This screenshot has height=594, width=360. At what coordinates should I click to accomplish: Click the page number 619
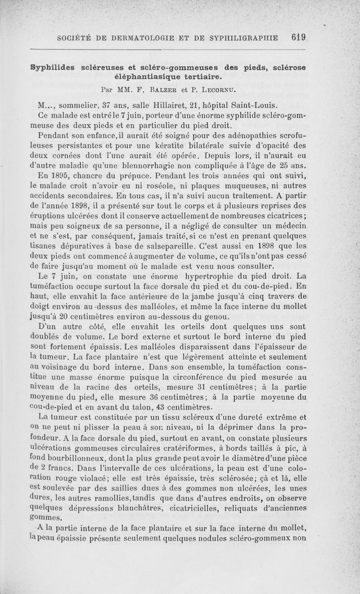tap(298, 38)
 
